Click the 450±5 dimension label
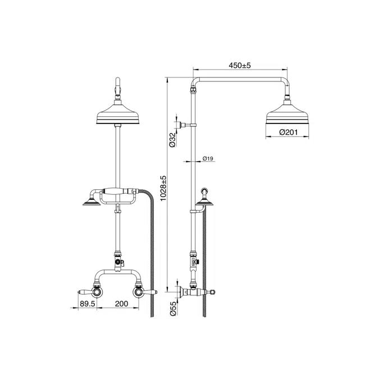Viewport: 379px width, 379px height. [x=240, y=65]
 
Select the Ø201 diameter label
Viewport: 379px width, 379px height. [x=289, y=132]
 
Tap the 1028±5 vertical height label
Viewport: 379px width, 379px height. [x=163, y=188]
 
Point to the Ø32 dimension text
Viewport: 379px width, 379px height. [x=172, y=140]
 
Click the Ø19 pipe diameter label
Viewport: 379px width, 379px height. [x=208, y=158]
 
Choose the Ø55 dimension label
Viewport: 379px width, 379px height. [x=173, y=309]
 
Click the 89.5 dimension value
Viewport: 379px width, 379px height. [x=88, y=304]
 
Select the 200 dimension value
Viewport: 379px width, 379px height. [x=121, y=304]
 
